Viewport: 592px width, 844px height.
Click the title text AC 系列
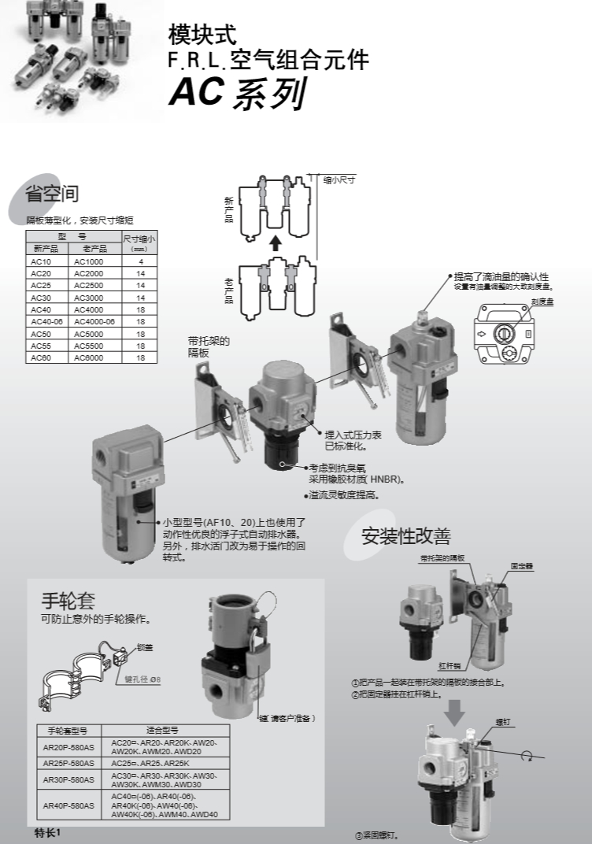(237, 94)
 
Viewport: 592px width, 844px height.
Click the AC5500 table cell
(88, 345)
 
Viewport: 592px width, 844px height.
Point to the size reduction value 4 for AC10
(140, 261)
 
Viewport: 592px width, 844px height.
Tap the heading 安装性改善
(405, 536)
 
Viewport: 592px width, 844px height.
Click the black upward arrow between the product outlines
(275, 242)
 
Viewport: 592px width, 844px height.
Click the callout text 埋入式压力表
(350, 434)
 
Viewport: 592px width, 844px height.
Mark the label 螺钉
(503, 720)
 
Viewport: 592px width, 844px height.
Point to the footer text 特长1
(47, 832)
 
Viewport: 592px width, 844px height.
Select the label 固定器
(521, 565)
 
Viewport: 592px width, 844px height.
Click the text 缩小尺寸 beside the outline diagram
(339, 180)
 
